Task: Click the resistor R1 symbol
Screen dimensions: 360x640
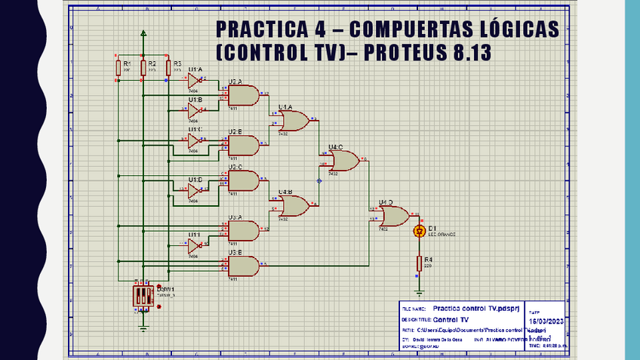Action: (118, 68)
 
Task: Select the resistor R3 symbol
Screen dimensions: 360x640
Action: (168, 68)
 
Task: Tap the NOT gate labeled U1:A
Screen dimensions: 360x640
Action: (194, 80)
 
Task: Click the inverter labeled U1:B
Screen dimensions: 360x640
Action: (194, 111)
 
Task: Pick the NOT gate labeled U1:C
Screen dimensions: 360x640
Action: (194, 140)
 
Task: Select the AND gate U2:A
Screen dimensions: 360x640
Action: (242, 95)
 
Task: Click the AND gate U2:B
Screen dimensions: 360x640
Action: (242, 144)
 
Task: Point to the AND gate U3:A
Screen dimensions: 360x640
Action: (242, 229)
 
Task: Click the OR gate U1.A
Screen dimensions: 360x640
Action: (292, 121)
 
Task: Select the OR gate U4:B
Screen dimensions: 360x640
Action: (292, 206)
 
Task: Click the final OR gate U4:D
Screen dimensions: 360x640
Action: (393, 217)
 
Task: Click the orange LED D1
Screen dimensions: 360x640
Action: (420, 231)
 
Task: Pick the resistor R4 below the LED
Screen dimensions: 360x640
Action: (420, 263)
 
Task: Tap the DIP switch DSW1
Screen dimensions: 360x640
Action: (143, 296)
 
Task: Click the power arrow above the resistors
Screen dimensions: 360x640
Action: (143, 33)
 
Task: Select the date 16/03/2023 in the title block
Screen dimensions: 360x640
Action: (546, 321)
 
